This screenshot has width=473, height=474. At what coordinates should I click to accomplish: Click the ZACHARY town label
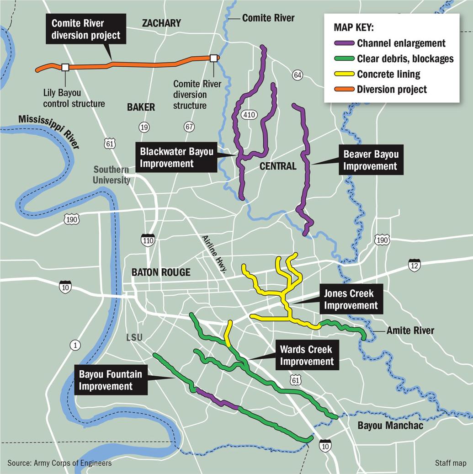point(161,23)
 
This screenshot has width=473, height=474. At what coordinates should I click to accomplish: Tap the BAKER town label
point(141,107)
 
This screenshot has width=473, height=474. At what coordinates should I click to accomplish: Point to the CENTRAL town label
point(278,166)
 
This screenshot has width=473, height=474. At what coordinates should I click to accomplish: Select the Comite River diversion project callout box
point(86,29)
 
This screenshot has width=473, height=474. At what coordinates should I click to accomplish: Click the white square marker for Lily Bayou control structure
point(65,67)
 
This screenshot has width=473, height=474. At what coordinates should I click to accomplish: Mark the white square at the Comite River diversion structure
point(213,58)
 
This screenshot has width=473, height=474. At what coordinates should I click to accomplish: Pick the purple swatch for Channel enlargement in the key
point(344,43)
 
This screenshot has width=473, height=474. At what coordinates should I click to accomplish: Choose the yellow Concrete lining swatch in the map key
point(344,74)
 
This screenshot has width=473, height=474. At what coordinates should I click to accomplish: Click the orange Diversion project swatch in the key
point(344,89)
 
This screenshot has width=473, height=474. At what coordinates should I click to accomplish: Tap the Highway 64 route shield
point(298,75)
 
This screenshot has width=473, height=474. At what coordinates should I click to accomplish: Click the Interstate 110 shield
point(148,239)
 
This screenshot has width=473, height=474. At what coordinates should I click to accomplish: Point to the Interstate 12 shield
point(414,265)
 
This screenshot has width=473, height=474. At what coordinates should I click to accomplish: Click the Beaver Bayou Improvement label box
point(371,160)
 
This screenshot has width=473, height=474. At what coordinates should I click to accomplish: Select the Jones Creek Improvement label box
point(351,300)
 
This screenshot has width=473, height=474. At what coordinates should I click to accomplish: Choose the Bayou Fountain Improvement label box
point(111,380)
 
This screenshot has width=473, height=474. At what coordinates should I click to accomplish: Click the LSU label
point(134,337)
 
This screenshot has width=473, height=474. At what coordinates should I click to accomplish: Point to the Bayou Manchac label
point(390,426)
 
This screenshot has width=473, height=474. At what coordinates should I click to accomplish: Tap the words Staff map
point(451,463)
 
